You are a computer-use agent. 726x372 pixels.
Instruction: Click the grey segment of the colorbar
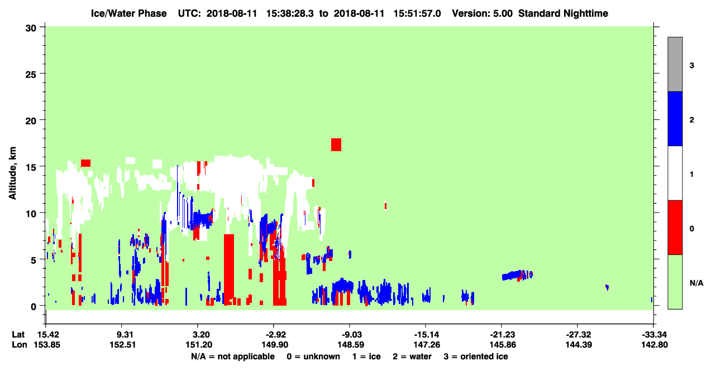pyautogui.click(x=675, y=64)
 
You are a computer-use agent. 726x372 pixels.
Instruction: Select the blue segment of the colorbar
pyautogui.click(x=675, y=118)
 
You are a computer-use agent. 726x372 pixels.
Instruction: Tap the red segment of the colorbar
pyautogui.click(x=675, y=228)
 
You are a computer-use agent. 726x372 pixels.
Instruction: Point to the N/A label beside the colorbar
pyautogui.click(x=696, y=283)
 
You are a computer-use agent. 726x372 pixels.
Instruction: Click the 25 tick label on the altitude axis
pyautogui.click(x=31, y=75)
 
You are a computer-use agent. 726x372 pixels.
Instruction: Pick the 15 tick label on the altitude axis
pyautogui.click(x=31, y=168)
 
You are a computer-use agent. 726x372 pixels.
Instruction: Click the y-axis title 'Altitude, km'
pyautogui.click(x=12, y=173)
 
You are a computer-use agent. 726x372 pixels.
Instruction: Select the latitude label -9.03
pyautogui.click(x=350, y=335)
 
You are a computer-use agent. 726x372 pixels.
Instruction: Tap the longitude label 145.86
pyautogui.click(x=503, y=345)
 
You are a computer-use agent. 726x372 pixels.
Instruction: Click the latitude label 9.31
pyautogui.click(x=122, y=335)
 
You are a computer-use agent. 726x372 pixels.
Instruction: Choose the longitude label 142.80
pyautogui.click(x=655, y=345)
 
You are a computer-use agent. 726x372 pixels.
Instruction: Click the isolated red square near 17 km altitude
pyautogui.click(x=336, y=144)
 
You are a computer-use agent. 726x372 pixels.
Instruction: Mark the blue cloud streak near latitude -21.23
pyautogui.click(x=517, y=276)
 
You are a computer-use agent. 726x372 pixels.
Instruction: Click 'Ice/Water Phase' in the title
pyautogui.click(x=128, y=13)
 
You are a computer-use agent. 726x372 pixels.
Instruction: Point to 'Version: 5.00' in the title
pyautogui.click(x=483, y=13)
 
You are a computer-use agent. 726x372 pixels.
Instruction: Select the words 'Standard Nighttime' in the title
pyautogui.click(x=563, y=13)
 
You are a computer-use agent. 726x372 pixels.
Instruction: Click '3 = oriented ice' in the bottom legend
pyautogui.click(x=476, y=356)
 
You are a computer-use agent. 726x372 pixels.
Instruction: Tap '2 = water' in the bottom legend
pyautogui.click(x=412, y=356)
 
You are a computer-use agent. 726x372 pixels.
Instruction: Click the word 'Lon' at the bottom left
pyautogui.click(x=20, y=345)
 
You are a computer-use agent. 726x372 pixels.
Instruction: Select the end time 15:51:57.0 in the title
pyautogui.click(x=417, y=13)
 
